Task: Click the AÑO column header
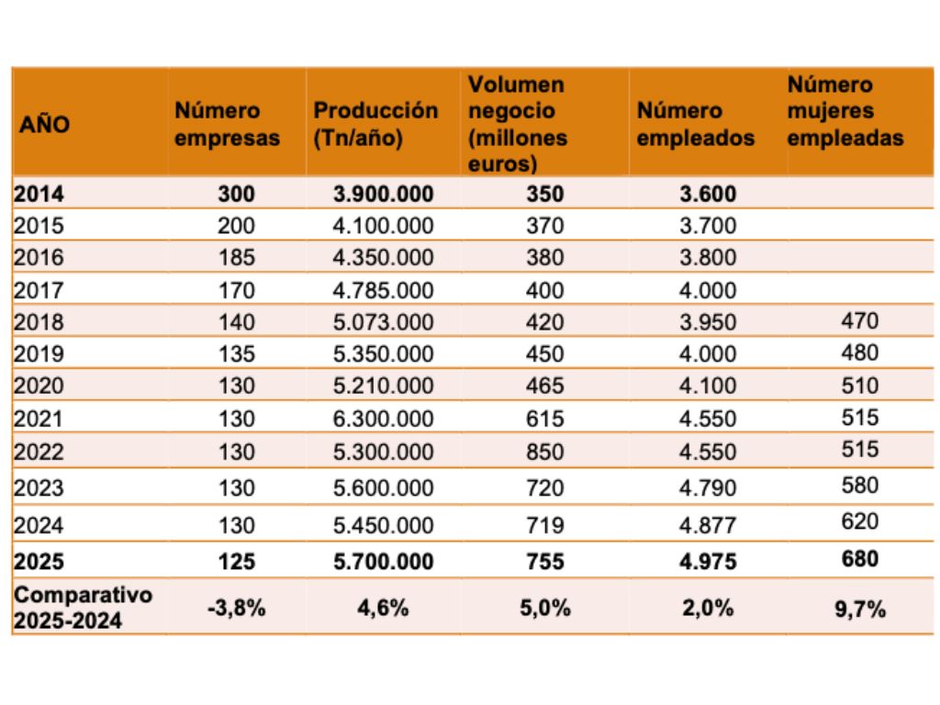coord(44,124)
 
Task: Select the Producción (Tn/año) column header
coord(375,124)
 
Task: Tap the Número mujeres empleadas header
coord(845,111)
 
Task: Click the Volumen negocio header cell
coord(518,124)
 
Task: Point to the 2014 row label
coord(39,194)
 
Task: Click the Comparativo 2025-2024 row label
coord(83,608)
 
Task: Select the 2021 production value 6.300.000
coord(383,419)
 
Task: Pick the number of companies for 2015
coord(236,226)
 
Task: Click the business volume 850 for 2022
coord(545,452)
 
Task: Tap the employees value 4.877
coord(708,525)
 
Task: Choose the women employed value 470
coord(859,320)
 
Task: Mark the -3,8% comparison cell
coord(236,608)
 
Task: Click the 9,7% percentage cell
coord(859,610)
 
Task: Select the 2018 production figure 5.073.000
coord(383,322)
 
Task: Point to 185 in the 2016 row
coord(236,257)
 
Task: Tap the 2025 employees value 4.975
coord(708,561)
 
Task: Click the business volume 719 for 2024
coord(545,525)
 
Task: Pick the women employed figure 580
coord(859,485)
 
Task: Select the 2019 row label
coord(39,353)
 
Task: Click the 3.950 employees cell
coord(708,322)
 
